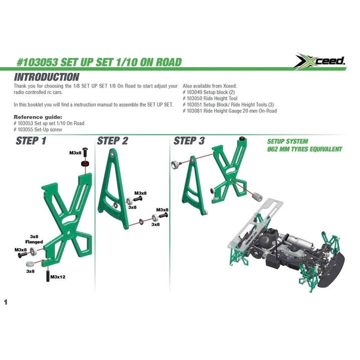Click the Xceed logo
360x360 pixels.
[x=320, y=61]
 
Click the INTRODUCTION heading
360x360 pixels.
[x=47, y=77]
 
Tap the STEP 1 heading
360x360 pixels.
[x=31, y=141]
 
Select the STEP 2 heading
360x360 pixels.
[x=112, y=141]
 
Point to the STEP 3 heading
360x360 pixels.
[x=189, y=141]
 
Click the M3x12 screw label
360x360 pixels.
[x=58, y=277]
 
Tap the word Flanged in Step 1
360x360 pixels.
[x=34, y=242]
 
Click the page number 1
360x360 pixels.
[x=6, y=302]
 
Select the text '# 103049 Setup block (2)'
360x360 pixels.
[x=209, y=92]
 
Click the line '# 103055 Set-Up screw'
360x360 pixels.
[x=38, y=129]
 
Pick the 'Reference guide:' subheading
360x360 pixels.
[x=38, y=117]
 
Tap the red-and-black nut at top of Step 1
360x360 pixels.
[x=85, y=164]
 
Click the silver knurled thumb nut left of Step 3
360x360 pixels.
[x=176, y=164]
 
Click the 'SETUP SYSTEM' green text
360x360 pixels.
[x=288, y=141]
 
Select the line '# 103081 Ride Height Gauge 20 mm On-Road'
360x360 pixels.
[x=230, y=111]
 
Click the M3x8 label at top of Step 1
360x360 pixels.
[x=75, y=153]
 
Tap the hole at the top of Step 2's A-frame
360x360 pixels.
[x=112, y=154]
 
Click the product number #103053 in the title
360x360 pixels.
[x=37, y=62]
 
